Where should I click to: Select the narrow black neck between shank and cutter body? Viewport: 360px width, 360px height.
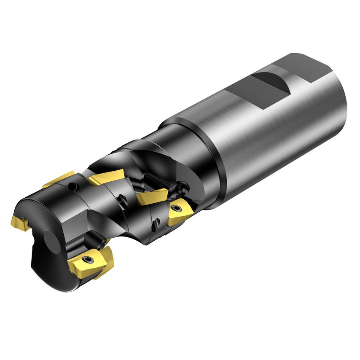[x=169, y=139]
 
